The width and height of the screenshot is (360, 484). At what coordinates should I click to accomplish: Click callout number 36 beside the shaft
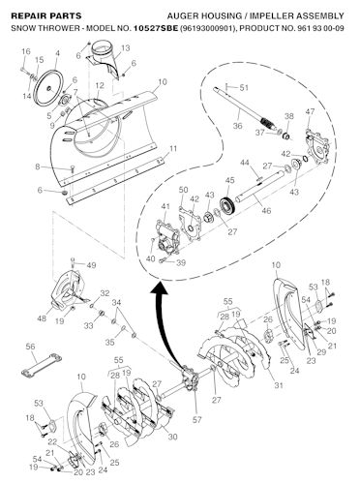point(238,125)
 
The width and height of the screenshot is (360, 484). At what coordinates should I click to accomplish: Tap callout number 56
point(30,347)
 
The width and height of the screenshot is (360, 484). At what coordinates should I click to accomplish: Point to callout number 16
point(25,50)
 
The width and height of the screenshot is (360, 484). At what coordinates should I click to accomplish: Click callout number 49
point(92,265)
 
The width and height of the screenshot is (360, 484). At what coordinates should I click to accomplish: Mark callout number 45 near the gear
point(229,180)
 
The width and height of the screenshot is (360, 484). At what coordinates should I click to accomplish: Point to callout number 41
point(165,207)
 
